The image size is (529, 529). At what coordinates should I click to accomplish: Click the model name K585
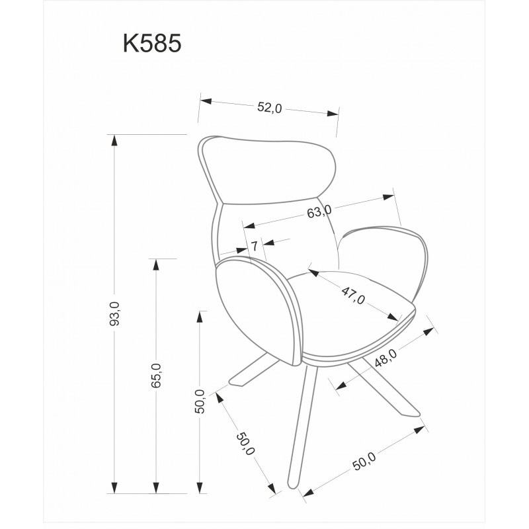[x=152, y=43]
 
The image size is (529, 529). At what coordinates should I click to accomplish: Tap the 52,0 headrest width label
[x=269, y=107]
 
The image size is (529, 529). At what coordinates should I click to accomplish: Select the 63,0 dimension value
[x=319, y=212]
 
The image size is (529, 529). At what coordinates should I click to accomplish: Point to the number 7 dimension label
[x=255, y=246]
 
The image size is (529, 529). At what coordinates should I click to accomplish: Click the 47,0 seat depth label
[x=353, y=295]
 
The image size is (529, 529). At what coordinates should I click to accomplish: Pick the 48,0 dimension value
[x=386, y=358]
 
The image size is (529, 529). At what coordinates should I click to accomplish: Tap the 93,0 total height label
[x=114, y=313]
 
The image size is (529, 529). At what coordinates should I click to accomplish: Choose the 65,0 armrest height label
[x=156, y=376]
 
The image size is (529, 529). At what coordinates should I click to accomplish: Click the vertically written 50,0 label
[x=200, y=401]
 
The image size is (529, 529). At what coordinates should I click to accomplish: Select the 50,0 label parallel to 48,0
[x=364, y=461]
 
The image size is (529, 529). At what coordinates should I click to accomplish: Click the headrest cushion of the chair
[x=267, y=171]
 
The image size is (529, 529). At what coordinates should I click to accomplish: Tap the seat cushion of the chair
[x=351, y=313]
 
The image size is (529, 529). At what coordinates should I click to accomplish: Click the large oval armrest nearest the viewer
[x=258, y=310]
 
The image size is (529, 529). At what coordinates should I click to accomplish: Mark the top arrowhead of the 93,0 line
[x=114, y=140]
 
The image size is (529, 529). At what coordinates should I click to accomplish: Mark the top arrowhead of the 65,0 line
[x=156, y=264]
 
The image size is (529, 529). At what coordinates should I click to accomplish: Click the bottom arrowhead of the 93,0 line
[x=114, y=487]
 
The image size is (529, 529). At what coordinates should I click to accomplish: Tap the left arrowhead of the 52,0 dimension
[x=206, y=101]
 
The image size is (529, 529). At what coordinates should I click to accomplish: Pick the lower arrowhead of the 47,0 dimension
[x=393, y=317]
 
